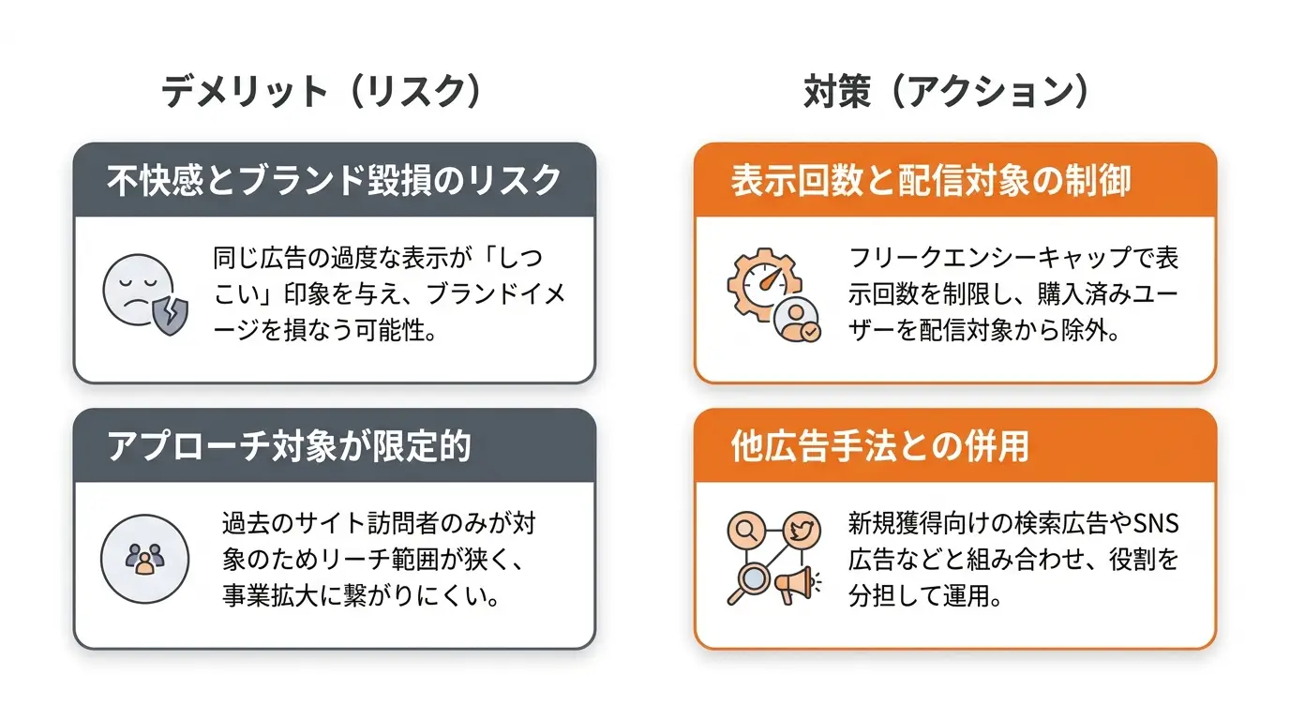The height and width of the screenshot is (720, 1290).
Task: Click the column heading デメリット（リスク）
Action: pyautogui.click(x=322, y=92)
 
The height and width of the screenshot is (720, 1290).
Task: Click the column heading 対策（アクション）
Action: pyautogui.click(x=946, y=92)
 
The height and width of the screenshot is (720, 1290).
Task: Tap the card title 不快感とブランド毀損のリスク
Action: pyautogui.click(x=334, y=180)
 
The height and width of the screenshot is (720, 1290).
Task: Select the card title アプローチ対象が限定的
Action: pyautogui.click(x=289, y=446)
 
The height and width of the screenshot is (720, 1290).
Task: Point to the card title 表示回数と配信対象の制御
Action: pyautogui.click(x=931, y=180)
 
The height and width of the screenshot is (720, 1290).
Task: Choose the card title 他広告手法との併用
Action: pyautogui.click(x=880, y=446)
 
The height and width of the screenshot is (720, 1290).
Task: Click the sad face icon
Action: pyautogui.click(x=138, y=290)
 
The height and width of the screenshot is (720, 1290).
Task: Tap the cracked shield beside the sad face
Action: pyautogui.click(x=170, y=316)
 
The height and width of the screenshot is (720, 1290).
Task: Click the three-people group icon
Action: pyautogui.click(x=144, y=559)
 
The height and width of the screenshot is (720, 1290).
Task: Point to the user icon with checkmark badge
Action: pyautogui.click(x=798, y=320)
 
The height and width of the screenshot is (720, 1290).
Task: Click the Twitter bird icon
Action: pyautogui.click(x=802, y=530)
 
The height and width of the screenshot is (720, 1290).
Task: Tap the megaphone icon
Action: pyautogui.click(x=798, y=585)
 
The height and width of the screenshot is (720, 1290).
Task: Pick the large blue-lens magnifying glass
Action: pyautogui.click(x=748, y=583)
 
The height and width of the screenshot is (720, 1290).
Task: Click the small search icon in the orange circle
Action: pyautogui.click(x=746, y=531)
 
